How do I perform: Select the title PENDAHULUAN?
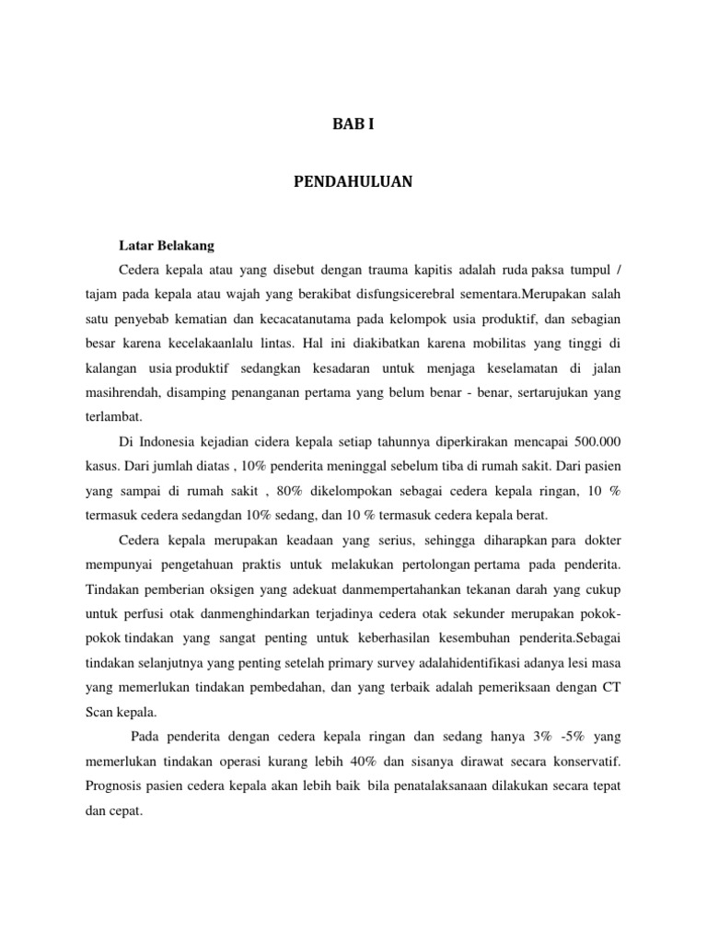[353, 182]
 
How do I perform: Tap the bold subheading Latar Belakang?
[167, 246]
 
